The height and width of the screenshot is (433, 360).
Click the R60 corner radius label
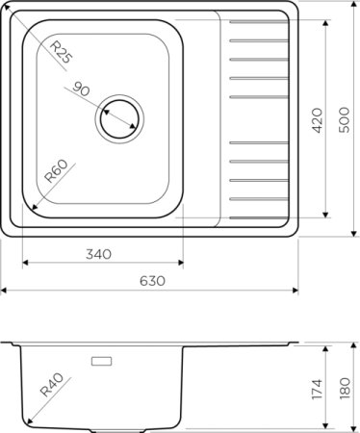tap(56, 174)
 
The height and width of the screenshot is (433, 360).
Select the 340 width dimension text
tap(99, 255)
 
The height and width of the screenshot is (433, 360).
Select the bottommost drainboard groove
tap(259, 198)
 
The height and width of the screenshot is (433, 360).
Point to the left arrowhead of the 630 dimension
tap(4, 290)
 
